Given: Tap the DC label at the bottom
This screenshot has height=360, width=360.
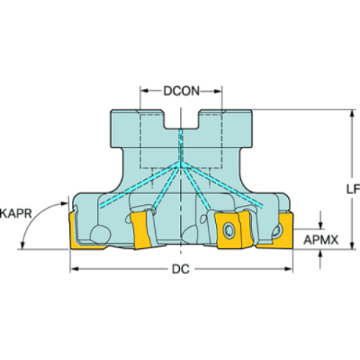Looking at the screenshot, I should (x=180, y=270).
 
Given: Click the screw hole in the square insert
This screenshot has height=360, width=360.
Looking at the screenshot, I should (x=229, y=230).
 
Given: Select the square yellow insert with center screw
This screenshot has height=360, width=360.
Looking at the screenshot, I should (x=229, y=230).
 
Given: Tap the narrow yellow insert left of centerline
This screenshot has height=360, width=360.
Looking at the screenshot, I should (x=142, y=230).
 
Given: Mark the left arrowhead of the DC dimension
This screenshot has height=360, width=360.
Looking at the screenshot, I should (x=74, y=270).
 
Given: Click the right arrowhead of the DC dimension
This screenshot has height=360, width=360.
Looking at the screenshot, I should (x=288, y=270).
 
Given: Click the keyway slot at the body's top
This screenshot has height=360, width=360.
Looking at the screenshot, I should (x=180, y=118).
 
